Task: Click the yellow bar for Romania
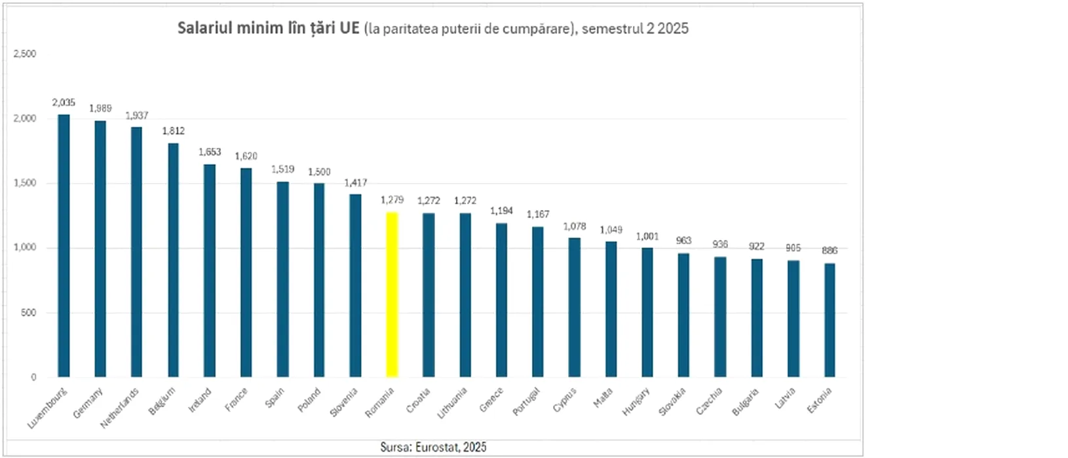pyautogui.click(x=392, y=294)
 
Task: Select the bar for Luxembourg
pyautogui.click(x=64, y=246)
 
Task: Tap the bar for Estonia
pyautogui.click(x=830, y=320)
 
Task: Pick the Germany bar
pyautogui.click(x=100, y=249)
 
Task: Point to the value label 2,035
pyautogui.click(x=64, y=103)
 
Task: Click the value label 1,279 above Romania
pyautogui.click(x=392, y=200)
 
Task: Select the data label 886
pyautogui.click(x=830, y=251)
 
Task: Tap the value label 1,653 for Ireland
pyautogui.click(x=210, y=152)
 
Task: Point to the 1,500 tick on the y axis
pyautogui.click(x=25, y=183)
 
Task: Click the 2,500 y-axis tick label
pyautogui.click(x=25, y=54)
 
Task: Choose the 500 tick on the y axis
pyautogui.click(x=29, y=313)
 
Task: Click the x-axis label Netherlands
pyautogui.click(x=120, y=408)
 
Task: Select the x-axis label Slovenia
pyautogui.click(x=344, y=402)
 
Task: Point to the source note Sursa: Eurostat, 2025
pyautogui.click(x=433, y=448)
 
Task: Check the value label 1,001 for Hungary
pyautogui.click(x=647, y=237)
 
